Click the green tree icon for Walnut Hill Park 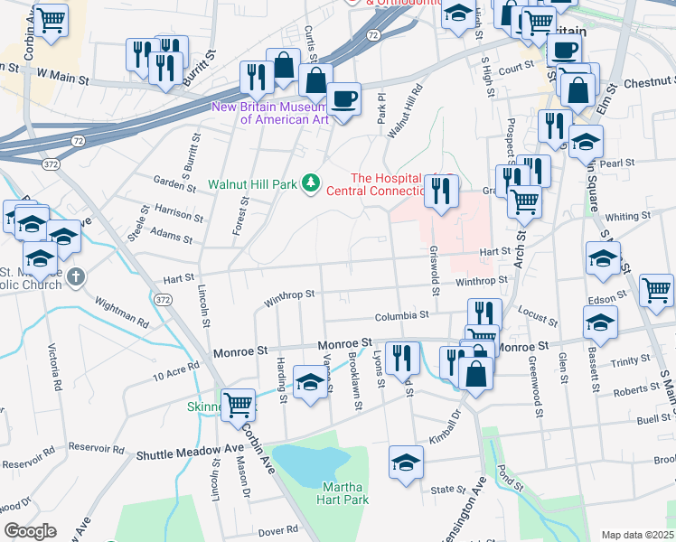tap(312, 183)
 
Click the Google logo tap(30, 531)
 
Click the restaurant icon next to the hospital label tap(441, 191)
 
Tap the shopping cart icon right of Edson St tap(656, 290)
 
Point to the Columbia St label tap(402, 316)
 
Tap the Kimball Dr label tap(444, 415)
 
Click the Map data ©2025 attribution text tap(637, 535)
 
